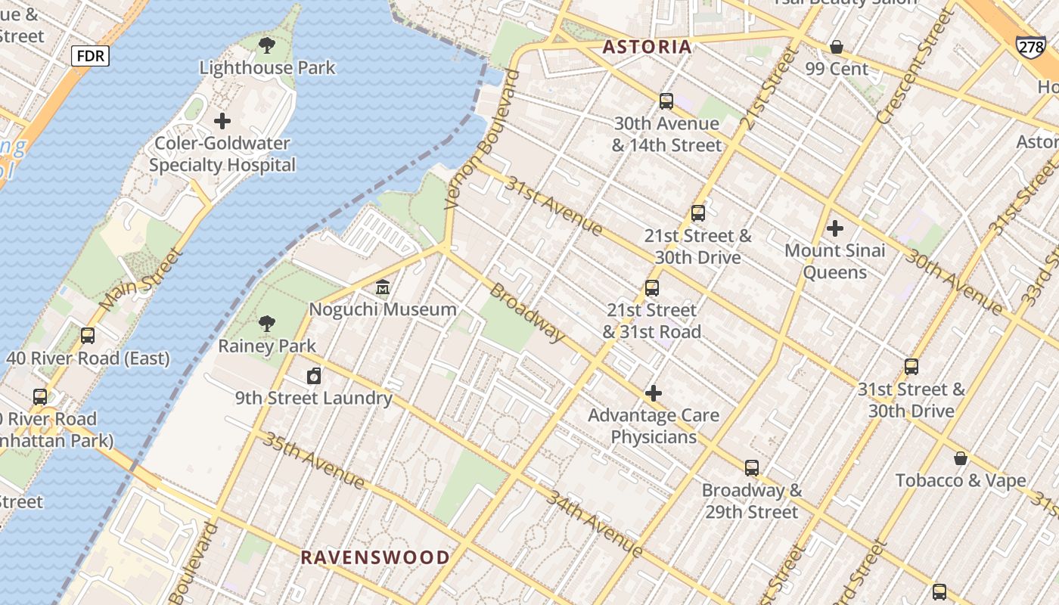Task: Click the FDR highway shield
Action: coord(91,55)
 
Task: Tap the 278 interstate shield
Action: coord(1031,47)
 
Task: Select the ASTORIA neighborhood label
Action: coord(647,47)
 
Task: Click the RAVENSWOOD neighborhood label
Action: coord(375,558)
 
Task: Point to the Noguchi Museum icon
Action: coord(383,288)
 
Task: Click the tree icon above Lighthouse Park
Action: coord(266,45)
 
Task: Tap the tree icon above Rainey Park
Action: coord(266,324)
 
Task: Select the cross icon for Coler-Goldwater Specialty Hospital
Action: coord(222,121)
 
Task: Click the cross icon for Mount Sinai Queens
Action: coord(835,228)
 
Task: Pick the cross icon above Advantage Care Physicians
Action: coord(654,393)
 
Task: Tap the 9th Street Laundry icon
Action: coord(313,376)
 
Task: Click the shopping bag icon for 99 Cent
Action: coord(837,47)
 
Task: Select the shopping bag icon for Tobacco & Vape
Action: coord(960,458)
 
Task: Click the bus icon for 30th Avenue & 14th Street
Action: coord(666,101)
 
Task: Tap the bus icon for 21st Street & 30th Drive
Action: coord(697,214)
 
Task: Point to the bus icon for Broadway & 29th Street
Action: coord(751,468)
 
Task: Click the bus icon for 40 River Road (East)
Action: coord(88,336)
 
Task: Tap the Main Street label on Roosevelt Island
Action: coord(141,278)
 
